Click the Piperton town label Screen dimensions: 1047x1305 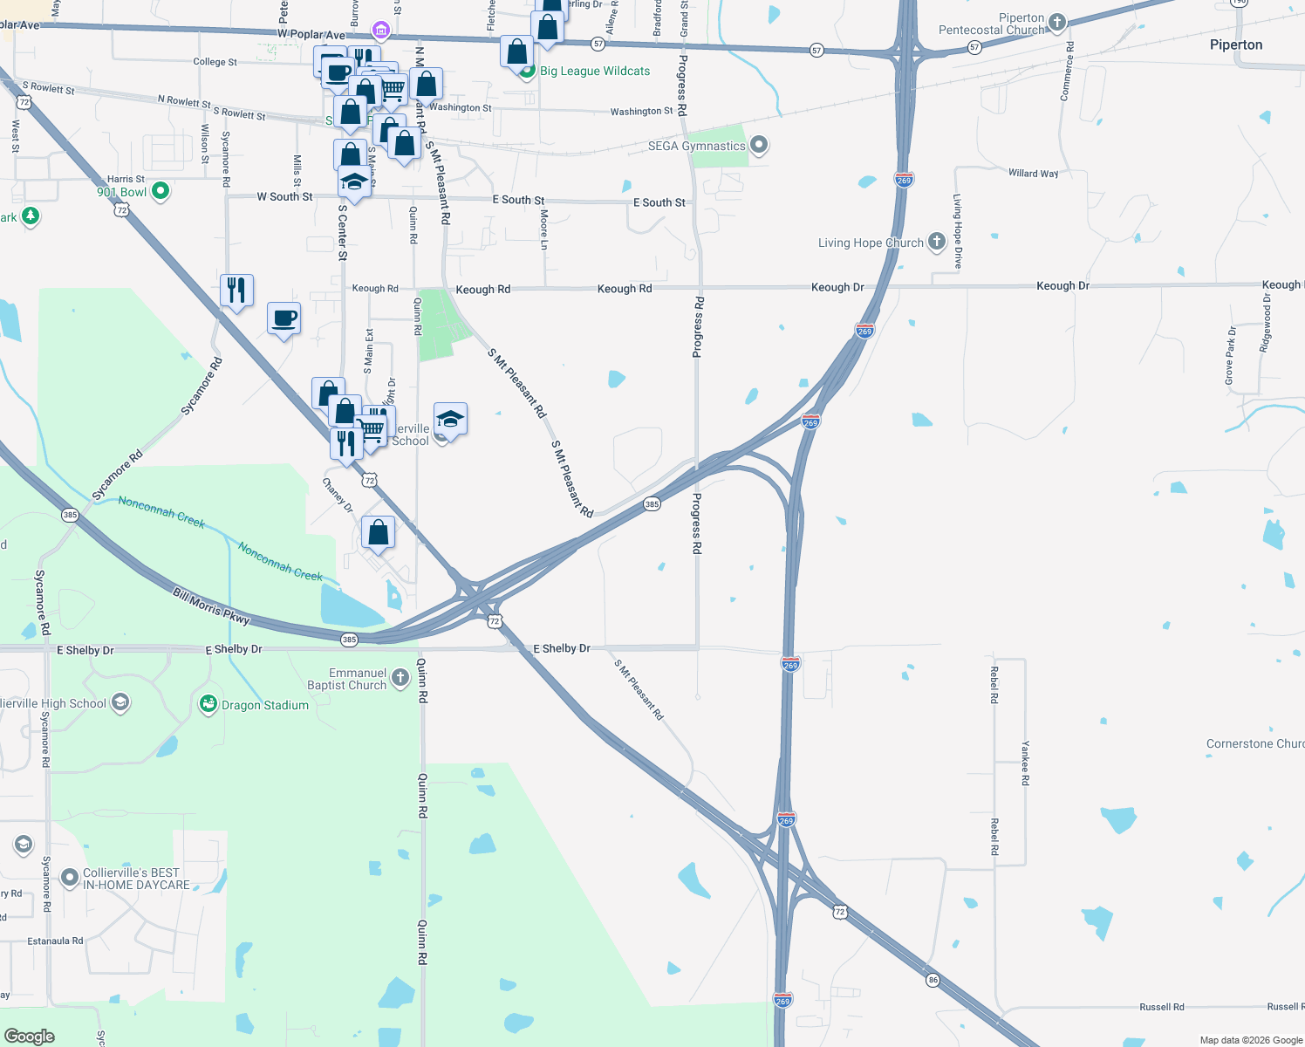pos(1235,45)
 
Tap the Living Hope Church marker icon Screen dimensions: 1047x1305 pos(936,242)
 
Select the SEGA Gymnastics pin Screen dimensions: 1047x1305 pos(759,145)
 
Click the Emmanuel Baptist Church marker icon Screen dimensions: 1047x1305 pos(400,678)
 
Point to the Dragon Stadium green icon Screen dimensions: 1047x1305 pos(208,704)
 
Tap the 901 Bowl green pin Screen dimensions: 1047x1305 pos(161,191)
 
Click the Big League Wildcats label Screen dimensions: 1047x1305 pos(595,72)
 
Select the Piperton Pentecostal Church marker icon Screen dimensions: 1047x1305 pos(1057,23)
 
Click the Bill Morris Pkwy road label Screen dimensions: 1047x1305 pos(211,607)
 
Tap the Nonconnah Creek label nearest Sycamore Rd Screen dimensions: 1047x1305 pos(161,512)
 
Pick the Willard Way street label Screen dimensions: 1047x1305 pos(1033,174)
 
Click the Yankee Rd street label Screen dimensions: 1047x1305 pos(1026,763)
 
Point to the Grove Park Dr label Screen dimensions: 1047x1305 pos(1230,356)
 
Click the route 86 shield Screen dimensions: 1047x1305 pos(933,980)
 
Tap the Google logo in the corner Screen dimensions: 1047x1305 pos(30,1037)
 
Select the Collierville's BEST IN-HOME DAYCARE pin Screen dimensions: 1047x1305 pos(69,878)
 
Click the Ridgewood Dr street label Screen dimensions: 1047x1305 pos(1266,323)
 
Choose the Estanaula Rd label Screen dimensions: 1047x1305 pos(55,941)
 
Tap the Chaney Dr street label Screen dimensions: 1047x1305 pos(338,496)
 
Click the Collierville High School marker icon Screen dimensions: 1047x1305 pos(120,702)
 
